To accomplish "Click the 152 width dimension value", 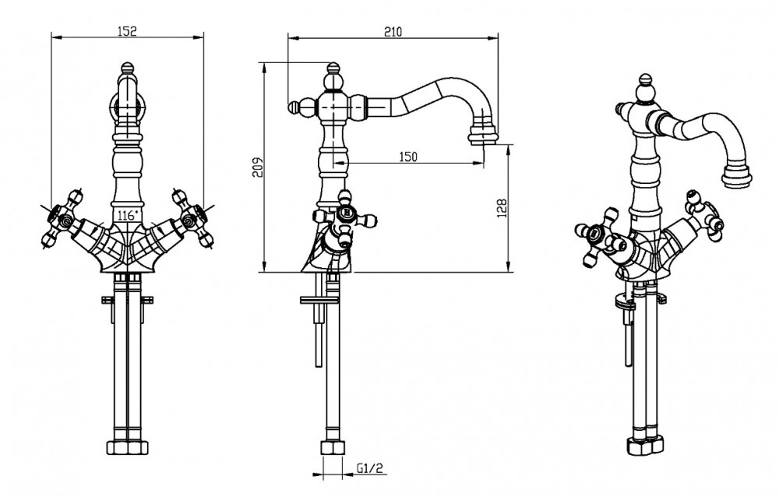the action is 127,31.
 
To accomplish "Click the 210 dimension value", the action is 393,32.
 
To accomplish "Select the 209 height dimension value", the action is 257,167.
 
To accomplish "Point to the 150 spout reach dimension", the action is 408,157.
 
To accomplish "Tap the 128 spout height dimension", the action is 502,208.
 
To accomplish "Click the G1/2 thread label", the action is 370,468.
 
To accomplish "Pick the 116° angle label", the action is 127,216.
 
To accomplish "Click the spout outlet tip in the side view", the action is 482,136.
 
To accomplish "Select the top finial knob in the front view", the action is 128,68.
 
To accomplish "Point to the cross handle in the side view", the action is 345,218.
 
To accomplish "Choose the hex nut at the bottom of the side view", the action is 332,447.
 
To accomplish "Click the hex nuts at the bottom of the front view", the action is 128,447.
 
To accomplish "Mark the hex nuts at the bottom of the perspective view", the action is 645,445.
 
